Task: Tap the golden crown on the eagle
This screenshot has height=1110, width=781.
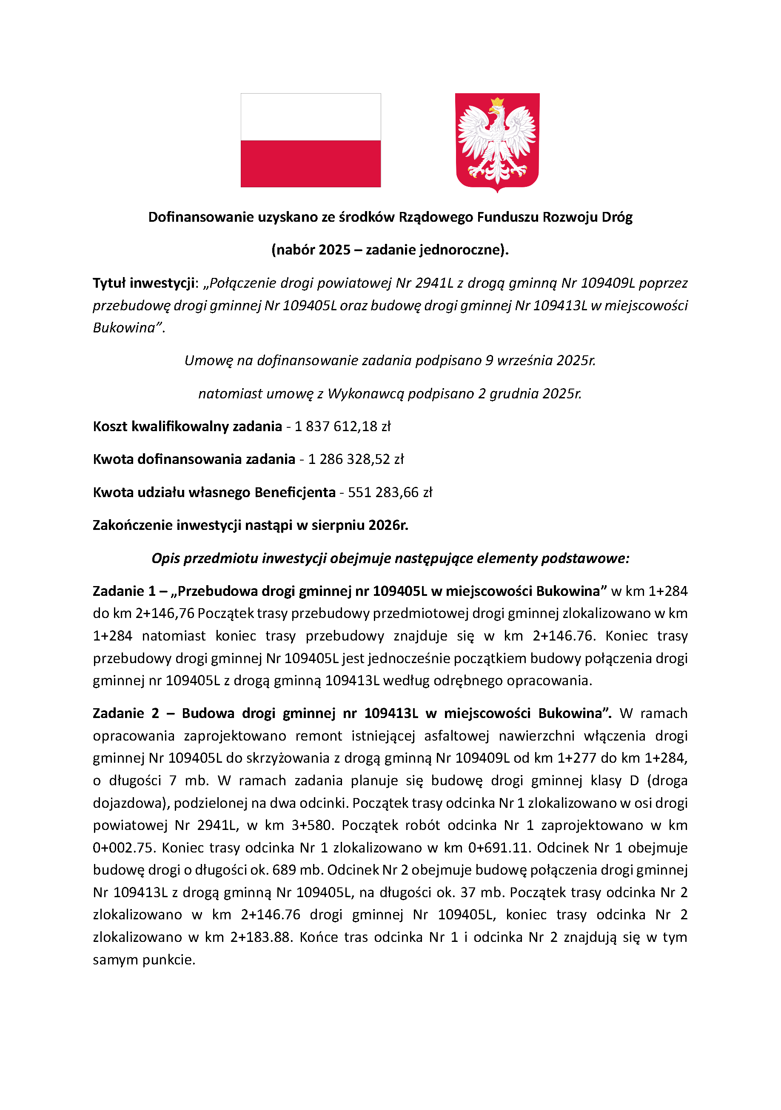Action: coord(497,102)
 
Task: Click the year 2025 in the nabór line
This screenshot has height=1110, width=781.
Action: coord(334,250)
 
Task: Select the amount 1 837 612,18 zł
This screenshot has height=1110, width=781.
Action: coord(342,426)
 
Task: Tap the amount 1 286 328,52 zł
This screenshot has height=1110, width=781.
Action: coord(356,459)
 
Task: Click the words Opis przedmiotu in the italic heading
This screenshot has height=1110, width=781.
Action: coord(205,558)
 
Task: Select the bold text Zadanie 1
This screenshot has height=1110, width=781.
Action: coord(124,591)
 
